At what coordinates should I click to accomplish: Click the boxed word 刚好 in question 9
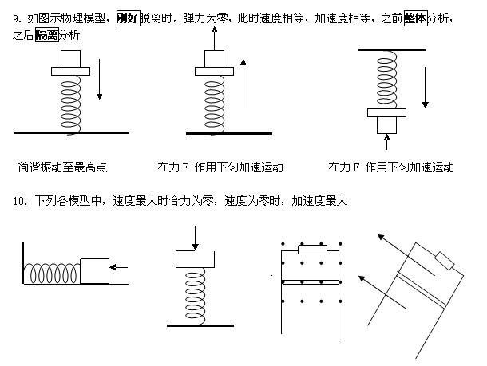point(129,17)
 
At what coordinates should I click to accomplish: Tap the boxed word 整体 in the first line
point(416,17)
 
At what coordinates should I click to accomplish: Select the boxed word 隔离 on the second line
point(47,36)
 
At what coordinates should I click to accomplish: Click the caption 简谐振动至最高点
point(63,167)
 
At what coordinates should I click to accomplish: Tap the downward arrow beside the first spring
point(99,81)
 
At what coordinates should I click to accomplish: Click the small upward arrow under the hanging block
point(388,143)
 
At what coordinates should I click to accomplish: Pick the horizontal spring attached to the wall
point(54,274)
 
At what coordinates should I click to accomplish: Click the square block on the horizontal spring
point(93,270)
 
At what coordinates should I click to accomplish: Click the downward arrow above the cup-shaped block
point(194,237)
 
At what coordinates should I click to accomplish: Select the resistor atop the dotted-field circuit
point(310,250)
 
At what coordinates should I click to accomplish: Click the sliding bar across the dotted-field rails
point(311,281)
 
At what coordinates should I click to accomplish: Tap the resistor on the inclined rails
point(444,261)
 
